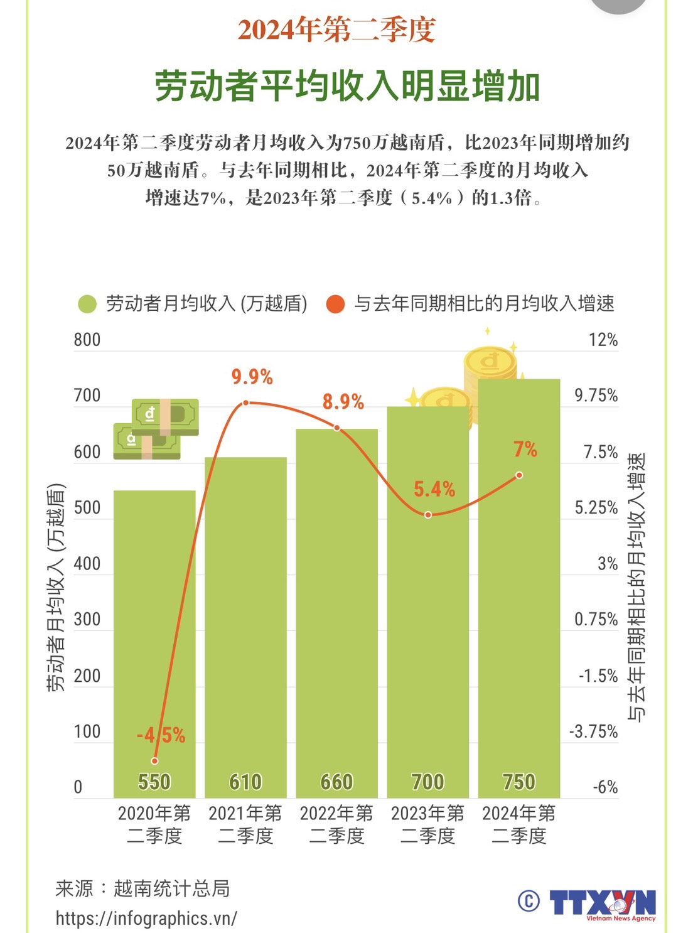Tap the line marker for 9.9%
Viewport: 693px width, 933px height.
(246, 402)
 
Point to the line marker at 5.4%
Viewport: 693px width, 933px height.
(428, 515)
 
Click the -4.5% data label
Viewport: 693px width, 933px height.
(161, 735)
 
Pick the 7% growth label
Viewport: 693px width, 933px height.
(525, 450)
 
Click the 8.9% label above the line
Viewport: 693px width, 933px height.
(343, 402)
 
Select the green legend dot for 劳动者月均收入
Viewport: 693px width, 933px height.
(87, 305)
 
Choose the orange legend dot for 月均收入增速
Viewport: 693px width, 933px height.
(336, 305)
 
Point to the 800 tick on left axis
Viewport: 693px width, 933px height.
(87, 340)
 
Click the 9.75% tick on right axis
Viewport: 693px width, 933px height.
(596, 396)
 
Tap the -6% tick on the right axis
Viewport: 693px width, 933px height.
(605, 787)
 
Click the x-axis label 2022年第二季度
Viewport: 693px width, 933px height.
(336, 824)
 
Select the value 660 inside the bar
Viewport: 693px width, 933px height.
(336, 782)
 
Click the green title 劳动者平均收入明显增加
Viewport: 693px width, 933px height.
(346, 86)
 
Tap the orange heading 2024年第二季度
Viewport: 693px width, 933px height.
(336, 30)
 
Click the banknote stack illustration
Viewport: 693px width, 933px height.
(156, 429)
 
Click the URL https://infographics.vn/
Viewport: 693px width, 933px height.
(146, 918)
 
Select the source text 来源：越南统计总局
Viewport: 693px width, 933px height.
(142, 888)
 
